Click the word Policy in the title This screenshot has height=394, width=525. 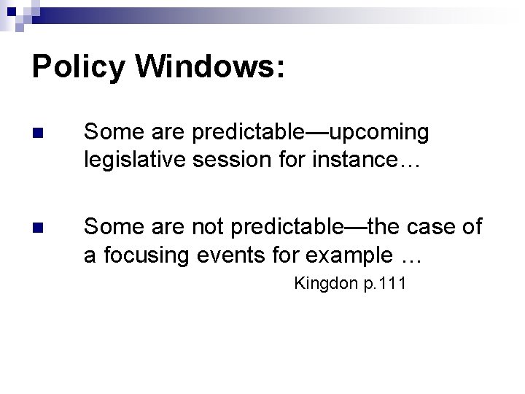(79, 67)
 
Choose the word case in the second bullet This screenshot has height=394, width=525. (429, 228)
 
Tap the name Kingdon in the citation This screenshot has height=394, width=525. (325, 284)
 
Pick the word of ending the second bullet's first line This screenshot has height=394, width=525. (472, 228)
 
